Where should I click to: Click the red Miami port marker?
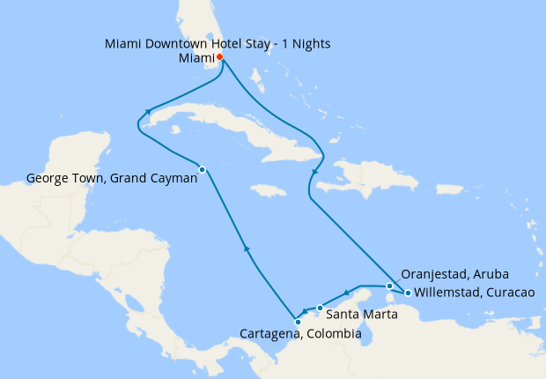coord(219,58)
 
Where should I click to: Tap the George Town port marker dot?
coord(203,169)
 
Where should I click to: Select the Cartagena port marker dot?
coord(299,322)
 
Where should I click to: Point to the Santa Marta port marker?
coord(320,308)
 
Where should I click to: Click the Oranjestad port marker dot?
coord(389,286)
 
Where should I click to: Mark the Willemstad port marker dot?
coord(407,293)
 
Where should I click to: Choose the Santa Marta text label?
coord(356,313)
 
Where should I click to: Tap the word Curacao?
coord(506,293)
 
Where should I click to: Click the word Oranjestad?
coord(433,274)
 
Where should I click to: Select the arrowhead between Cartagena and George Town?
coord(247,249)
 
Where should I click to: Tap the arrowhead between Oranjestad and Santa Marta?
coord(348,294)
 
